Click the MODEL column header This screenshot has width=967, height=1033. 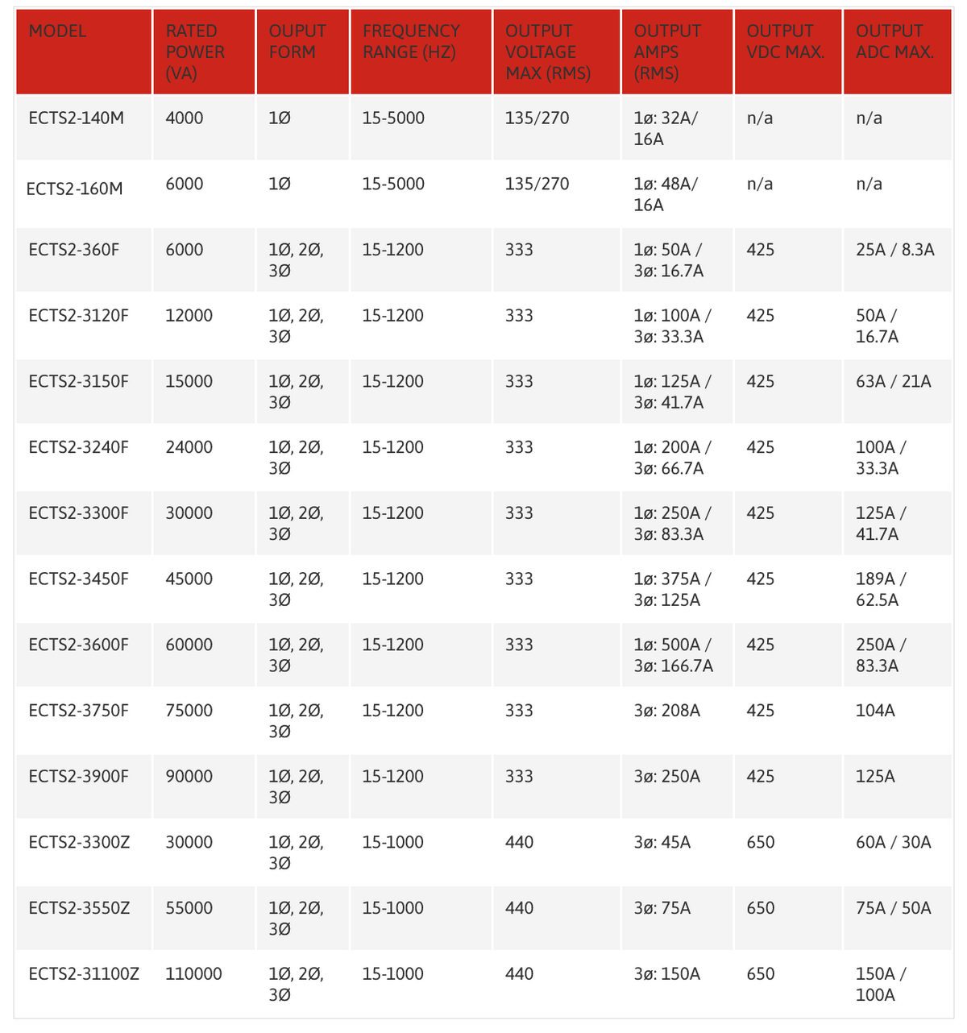57,31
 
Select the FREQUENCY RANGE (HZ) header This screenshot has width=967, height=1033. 411,42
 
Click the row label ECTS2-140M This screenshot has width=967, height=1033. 77,118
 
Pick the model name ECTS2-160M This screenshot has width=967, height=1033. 75,189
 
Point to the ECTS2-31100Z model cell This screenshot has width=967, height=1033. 84,974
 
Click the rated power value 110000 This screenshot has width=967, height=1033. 193,974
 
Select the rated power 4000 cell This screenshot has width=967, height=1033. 185,118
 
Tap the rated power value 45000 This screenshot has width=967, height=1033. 189,579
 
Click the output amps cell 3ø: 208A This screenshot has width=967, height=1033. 667,711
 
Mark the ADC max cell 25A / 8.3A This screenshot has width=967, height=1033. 894,250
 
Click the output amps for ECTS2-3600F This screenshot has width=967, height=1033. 673,655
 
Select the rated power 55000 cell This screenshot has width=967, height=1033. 189,908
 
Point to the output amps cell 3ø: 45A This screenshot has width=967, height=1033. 662,843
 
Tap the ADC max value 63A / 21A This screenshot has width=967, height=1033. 893,382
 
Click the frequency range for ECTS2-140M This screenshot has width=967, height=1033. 393,118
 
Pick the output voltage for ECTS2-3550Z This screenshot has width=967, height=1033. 519,908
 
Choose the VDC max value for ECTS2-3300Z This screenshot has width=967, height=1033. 761,843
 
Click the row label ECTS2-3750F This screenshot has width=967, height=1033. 78,711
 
